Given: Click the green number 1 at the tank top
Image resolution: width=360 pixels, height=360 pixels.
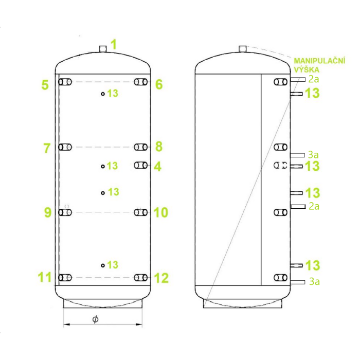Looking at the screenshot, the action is click(114, 45).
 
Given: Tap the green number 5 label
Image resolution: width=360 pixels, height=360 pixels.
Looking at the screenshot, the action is click(45, 85).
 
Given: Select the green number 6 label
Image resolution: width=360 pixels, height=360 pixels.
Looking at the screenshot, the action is click(159, 84).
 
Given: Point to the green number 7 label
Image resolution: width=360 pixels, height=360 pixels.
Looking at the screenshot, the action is click(47, 148).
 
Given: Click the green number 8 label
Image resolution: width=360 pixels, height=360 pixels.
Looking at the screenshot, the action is click(159, 147).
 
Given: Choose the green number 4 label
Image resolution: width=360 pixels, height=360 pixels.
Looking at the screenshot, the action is click(157, 167).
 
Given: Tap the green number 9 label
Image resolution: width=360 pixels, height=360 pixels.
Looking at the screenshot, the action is click(48, 212).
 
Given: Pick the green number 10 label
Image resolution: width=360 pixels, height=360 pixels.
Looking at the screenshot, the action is click(160, 212).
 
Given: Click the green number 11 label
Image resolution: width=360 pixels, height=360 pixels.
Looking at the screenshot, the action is click(45, 277).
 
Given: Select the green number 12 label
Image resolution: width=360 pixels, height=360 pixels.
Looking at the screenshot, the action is click(161, 278).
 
